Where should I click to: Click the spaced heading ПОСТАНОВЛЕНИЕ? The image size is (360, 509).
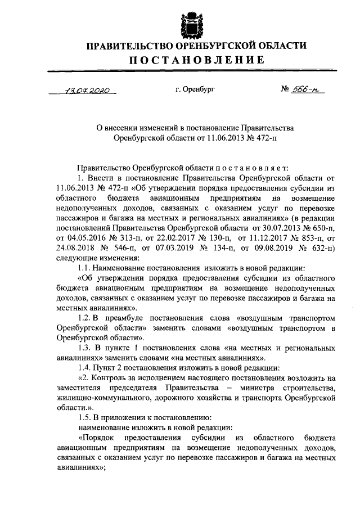(x=190, y=60)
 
